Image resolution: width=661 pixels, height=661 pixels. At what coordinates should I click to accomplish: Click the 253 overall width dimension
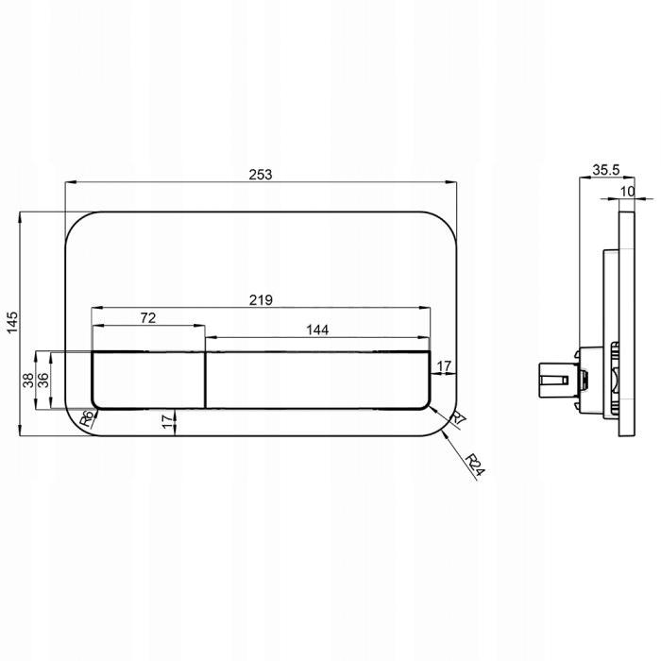(261, 174)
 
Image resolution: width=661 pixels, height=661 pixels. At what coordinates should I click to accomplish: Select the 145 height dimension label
(12, 322)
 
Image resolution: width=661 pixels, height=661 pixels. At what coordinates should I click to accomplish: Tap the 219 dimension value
(261, 300)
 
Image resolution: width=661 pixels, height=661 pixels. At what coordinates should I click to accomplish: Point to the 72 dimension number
(148, 318)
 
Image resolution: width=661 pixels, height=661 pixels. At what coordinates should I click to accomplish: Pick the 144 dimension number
(317, 330)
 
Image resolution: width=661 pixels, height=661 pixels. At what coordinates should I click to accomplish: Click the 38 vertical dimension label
(27, 381)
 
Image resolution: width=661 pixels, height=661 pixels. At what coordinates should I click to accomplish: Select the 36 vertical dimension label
(43, 381)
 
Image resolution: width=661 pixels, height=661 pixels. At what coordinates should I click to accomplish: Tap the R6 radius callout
(87, 419)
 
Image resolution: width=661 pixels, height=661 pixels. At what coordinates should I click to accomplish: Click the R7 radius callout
(458, 418)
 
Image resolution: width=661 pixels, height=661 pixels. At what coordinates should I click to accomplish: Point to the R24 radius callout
(476, 465)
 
